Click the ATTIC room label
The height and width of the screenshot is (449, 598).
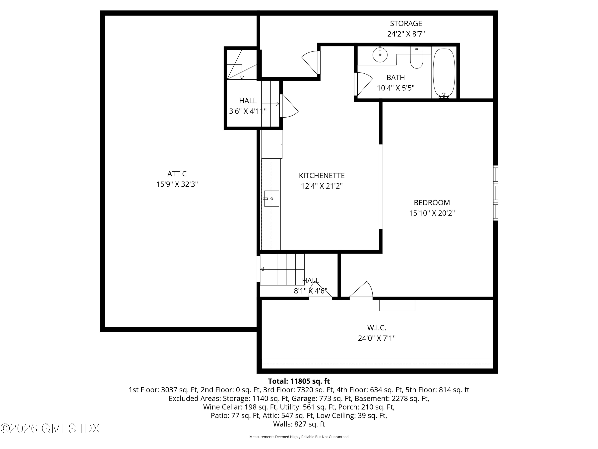(177, 174)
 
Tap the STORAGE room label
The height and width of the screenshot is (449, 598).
(406, 24)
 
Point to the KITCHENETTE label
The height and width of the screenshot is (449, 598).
(322, 176)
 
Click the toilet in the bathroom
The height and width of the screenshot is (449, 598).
(417, 57)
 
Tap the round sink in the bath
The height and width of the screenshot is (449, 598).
(380, 55)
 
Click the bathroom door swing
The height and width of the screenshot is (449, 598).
(363, 84)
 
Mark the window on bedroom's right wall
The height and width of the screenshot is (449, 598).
(496, 193)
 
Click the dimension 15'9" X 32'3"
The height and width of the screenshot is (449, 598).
(177, 184)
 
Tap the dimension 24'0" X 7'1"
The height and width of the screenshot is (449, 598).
(377, 338)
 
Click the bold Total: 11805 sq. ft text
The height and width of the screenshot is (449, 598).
(299, 381)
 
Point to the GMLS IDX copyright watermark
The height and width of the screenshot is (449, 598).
(50, 428)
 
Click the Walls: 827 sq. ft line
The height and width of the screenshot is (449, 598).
(299, 424)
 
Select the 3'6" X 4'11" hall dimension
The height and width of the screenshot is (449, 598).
(248, 111)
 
